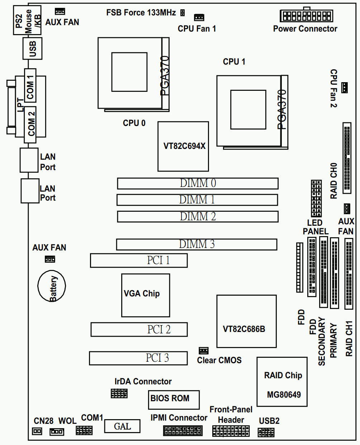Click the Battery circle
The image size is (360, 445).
point(52,286)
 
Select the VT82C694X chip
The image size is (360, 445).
point(183,146)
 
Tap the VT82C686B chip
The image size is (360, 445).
point(246,321)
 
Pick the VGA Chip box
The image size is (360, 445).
point(146,295)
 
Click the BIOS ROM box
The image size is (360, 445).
point(174,399)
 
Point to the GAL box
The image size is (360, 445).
point(122,426)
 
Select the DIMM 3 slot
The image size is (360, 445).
point(196,244)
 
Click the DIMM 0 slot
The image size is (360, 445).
point(198,183)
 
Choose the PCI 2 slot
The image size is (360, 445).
point(139,329)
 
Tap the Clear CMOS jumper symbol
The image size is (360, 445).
point(204,350)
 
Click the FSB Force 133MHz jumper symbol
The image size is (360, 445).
point(183,13)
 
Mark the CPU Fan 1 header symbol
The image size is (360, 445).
point(199,17)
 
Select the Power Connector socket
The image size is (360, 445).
point(306,16)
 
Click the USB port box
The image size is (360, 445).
point(33,49)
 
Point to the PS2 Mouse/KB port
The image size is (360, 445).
point(27,20)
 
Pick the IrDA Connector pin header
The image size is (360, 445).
point(119,393)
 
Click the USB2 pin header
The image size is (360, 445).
point(266,432)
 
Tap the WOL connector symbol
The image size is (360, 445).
point(57,431)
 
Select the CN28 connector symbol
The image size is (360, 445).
point(37,431)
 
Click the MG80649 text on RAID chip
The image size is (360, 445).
point(284,395)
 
